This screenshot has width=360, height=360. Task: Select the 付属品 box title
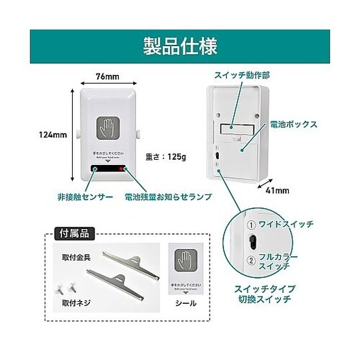click(72, 233)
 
